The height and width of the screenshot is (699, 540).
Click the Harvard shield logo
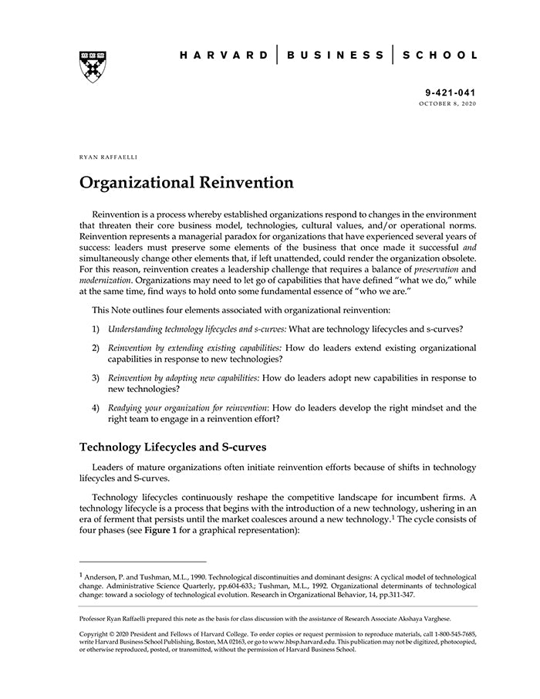pos(92,66)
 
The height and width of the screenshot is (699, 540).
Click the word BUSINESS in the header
pos(335,56)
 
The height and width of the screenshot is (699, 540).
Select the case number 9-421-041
pos(451,92)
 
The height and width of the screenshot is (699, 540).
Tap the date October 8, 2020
pos(447,103)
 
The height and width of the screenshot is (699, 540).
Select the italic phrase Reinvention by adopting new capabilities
pos(184,378)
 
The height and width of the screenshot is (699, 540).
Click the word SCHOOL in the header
pos(441,56)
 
